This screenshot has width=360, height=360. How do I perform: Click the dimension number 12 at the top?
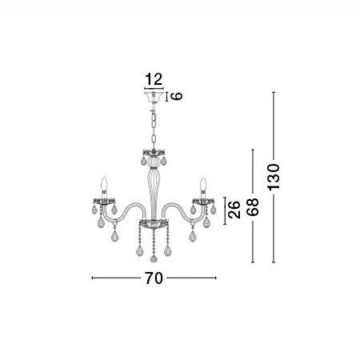pyautogui.click(x=154, y=79)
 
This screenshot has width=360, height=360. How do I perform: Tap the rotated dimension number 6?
pyautogui.click(x=176, y=96)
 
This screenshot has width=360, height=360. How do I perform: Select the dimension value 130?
pyautogui.click(x=274, y=177)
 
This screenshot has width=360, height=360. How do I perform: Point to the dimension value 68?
pyautogui.click(x=253, y=206)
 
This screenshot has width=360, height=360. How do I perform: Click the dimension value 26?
pyautogui.click(x=234, y=210)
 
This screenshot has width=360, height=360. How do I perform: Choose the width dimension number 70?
pyautogui.click(x=154, y=278)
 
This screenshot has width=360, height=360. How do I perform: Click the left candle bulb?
pyautogui.click(x=104, y=183)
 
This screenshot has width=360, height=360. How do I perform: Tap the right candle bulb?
pyautogui.click(x=203, y=183)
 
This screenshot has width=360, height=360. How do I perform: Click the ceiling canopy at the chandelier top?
pyautogui.click(x=154, y=97)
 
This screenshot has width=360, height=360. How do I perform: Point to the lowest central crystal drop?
pyautogui.click(x=154, y=258)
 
